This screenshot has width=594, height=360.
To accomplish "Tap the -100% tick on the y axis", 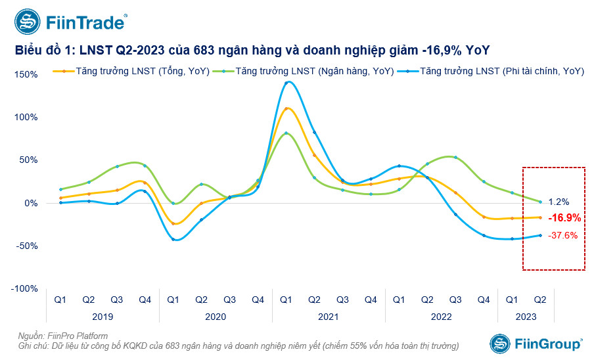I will pyautogui.click(x=26, y=288).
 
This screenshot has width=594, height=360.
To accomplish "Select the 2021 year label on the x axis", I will pyautogui.click(x=328, y=317).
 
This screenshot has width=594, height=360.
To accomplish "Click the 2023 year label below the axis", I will pyautogui.click(x=526, y=317).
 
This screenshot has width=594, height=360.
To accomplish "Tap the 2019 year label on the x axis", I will pyautogui.click(x=102, y=317).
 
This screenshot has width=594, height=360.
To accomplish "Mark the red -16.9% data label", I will pyautogui.click(x=564, y=217).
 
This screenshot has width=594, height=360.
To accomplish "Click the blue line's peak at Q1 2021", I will pyautogui.click(x=286, y=82).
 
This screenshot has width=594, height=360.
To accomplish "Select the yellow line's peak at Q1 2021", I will pyautogui.click(x=286, y=108).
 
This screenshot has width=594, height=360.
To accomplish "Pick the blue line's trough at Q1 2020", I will pyautogui.click(x=173, y=239).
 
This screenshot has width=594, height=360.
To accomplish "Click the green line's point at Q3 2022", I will pyautogui.click(x=455, y=158).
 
